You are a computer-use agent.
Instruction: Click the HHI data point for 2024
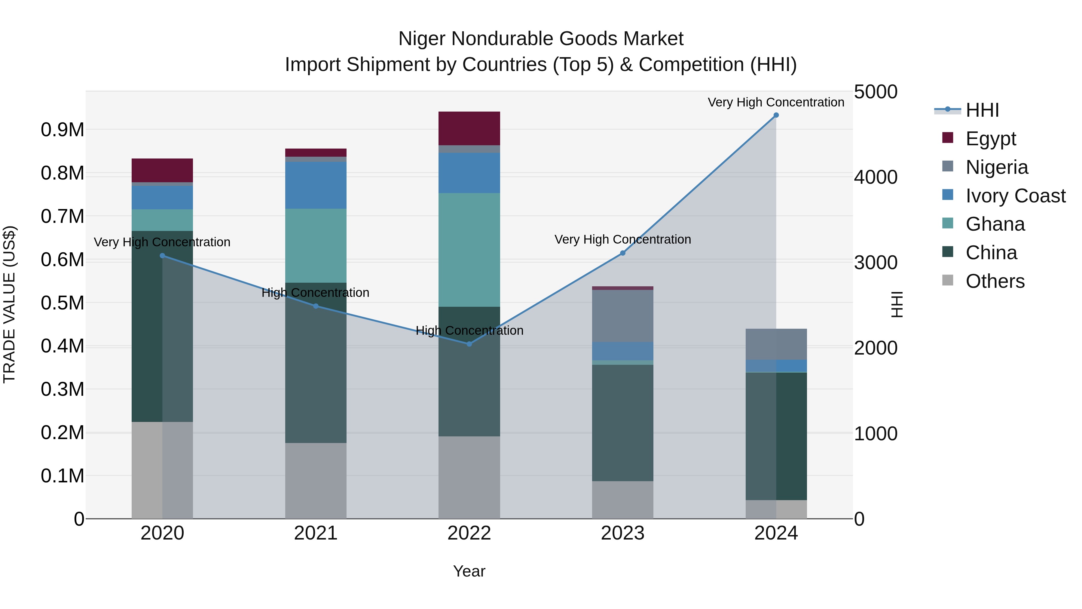[776, 115]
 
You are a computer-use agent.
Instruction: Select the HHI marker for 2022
[469, 344]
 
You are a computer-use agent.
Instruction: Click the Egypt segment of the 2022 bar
[469, 128]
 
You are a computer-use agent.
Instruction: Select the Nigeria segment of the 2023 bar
[622, 316]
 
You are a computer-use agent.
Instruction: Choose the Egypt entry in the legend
[990, 139]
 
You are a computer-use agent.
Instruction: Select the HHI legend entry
[982, 110]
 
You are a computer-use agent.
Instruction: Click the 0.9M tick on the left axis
[63, 130]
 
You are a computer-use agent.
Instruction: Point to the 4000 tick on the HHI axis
[876, 177]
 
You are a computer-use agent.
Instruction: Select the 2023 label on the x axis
[622, 533]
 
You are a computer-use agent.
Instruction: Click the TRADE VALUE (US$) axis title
[10, 304]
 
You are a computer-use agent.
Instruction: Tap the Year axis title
[469, 571]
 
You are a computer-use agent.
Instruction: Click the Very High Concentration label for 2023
[622, 240]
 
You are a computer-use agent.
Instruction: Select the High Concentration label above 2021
[316, 293]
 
